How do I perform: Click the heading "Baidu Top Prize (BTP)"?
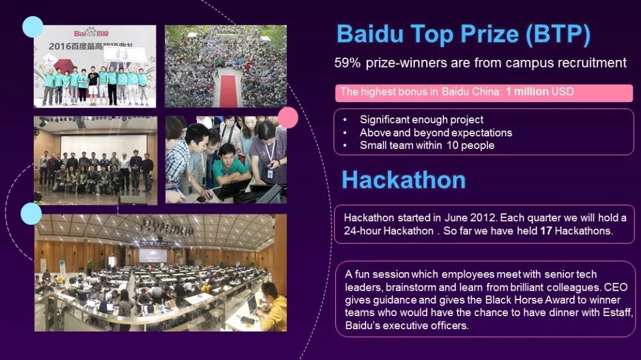click(464, 34)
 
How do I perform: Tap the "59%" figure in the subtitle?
click(347, 63)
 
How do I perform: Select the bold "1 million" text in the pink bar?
click(527, 91)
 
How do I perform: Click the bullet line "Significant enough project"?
click(421, 120)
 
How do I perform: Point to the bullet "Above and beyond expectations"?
click(436, 132)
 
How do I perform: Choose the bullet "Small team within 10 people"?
click(427, 145)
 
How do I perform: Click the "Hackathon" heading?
click(404, 180)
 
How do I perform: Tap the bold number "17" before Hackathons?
click(546, 231)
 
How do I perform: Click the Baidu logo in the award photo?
click(91, 32)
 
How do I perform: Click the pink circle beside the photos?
click(288, 117)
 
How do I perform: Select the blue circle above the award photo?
click(33, 27)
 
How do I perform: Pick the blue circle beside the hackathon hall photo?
click(31, 214)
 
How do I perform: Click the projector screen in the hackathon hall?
click(153, 256)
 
